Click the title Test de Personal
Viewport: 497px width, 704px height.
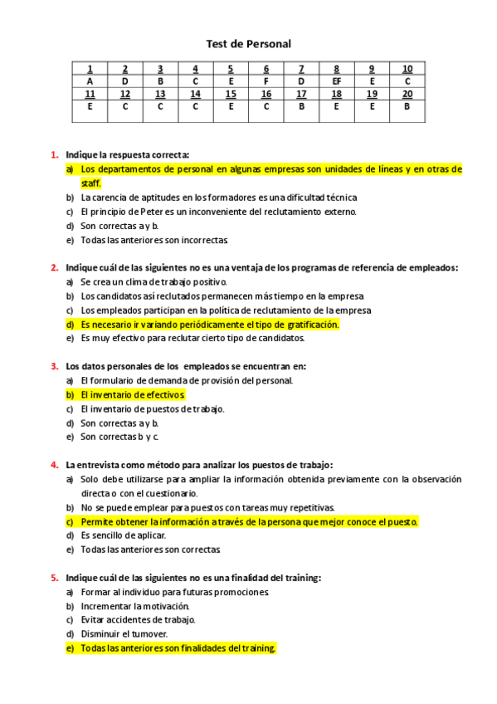(x=248, y=43)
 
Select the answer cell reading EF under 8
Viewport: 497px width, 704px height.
(x=336, y=81)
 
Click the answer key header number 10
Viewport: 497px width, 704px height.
(x=407, y=69)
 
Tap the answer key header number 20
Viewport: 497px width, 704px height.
(x=407, y=94)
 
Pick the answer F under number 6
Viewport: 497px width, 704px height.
(x=266, y=81)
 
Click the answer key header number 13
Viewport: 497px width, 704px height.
(x=160, y=94)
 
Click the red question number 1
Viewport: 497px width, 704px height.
(x=54, y=154)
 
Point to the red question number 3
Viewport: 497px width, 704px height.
(x=54, y=365)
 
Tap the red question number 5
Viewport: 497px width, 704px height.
(x=54, y=577)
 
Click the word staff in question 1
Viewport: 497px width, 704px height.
(x=90, y=183)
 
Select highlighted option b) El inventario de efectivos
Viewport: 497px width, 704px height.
(x=133, y=394)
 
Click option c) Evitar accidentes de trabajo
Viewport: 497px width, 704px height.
(x=138, y=619)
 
